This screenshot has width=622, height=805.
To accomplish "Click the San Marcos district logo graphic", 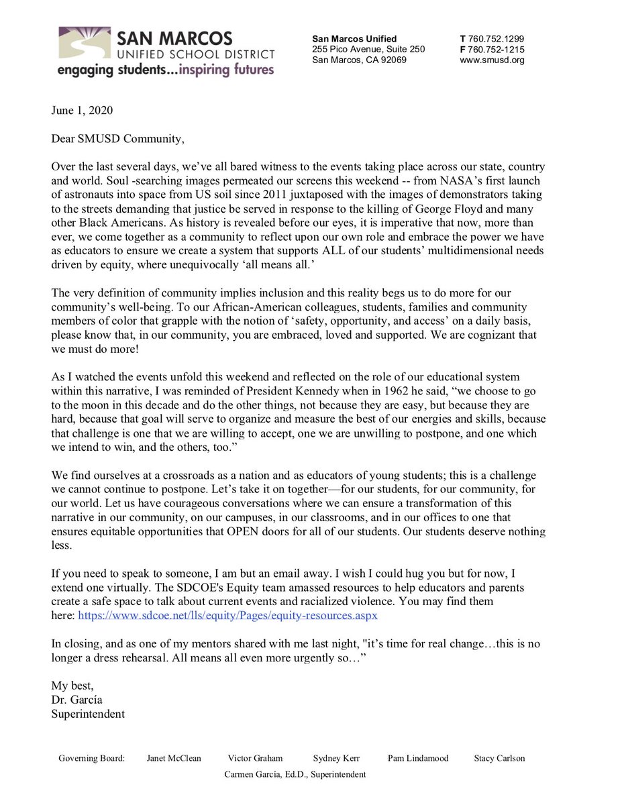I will (84, 45).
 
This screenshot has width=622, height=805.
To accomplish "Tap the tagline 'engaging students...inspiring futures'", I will (165, 70).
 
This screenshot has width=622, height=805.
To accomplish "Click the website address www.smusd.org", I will (492, 60).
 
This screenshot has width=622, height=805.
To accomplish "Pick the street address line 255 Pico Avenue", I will (368, 50).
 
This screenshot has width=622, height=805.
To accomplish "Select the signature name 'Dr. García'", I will (77, 700).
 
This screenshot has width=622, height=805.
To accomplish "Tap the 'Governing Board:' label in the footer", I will (92, 759).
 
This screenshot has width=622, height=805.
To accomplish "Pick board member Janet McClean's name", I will (173, 759).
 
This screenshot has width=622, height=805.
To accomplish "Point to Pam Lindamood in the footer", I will (418, 759).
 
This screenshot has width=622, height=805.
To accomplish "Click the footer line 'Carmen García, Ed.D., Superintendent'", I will (295, 774).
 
